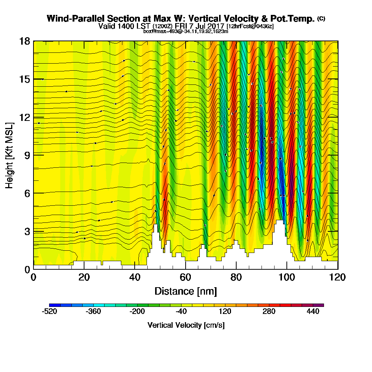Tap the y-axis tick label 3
[27, 231]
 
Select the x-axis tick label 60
[186, 278]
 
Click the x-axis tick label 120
[337, 278]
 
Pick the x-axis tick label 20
[84, 278]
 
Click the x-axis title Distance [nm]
[186, 291]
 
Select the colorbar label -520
[49, 312]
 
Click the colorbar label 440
[313, 312]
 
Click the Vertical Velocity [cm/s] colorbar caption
[186, 325]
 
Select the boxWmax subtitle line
[186, 31]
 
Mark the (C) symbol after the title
[321, 18]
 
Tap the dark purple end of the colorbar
[320, 305]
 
